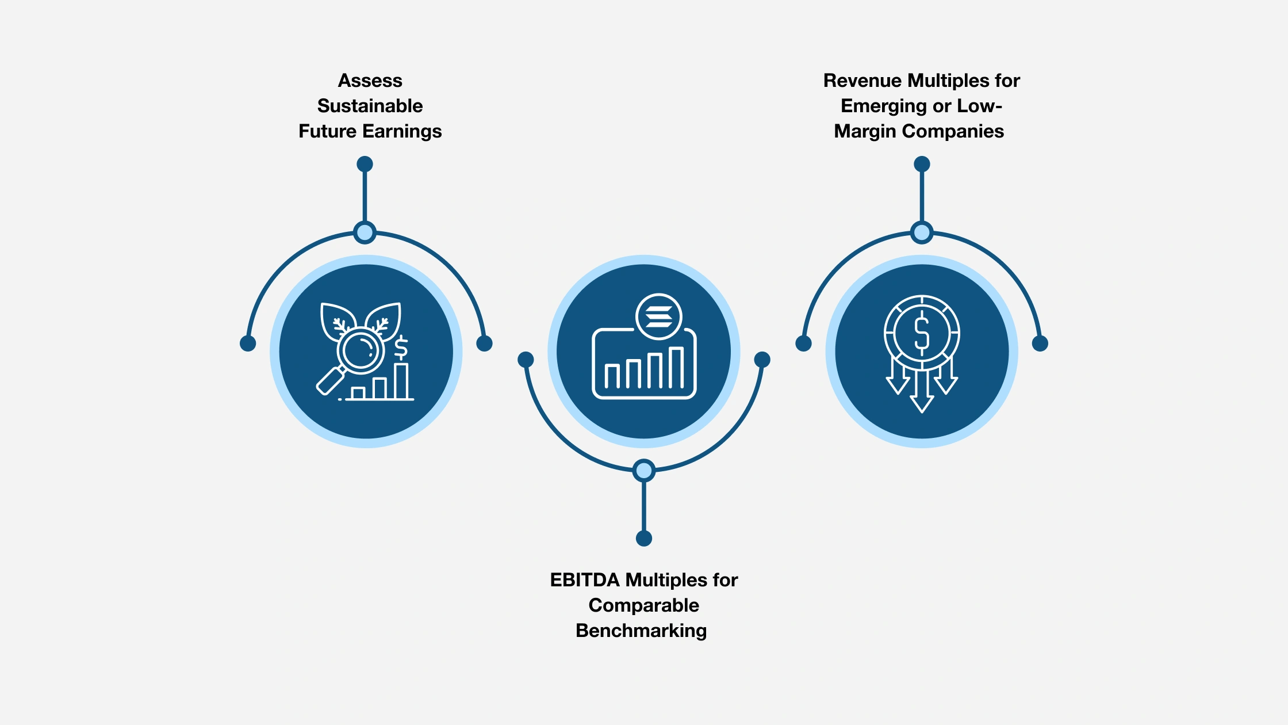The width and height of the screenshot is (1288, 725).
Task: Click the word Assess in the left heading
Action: click(x=370, y=81)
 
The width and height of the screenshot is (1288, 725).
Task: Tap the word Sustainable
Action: click(x=370, y=106)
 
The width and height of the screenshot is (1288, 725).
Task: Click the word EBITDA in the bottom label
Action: click(x=585, y=580)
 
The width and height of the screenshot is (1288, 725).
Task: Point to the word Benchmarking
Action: click(x=641, y=631)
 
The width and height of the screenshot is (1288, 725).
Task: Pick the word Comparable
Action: click(x=643, y=605)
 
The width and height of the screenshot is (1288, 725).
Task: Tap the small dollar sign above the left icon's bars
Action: click(x=401, y=348)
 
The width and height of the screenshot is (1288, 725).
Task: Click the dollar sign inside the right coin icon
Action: click(x=922, y=333)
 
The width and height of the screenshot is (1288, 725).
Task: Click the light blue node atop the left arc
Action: click(x=365, y=232)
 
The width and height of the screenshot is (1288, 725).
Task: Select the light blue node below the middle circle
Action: click(x=643, y=471)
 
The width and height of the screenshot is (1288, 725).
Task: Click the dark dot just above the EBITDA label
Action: click(x=643, y=539)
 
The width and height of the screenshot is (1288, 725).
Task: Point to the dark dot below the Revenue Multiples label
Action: click(x=922, y=164)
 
